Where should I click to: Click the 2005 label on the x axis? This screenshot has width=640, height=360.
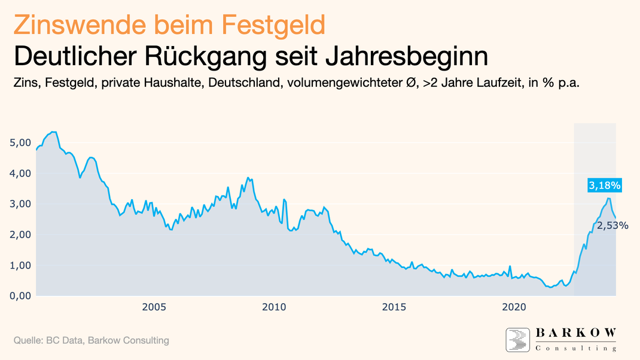[154, 307]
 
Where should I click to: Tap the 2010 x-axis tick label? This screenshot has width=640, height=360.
[274, 307]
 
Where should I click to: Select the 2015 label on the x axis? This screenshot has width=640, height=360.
[394, 307]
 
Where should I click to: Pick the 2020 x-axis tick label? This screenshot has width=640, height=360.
[514, 307]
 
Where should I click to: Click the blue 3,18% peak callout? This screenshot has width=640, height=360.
[605, 186]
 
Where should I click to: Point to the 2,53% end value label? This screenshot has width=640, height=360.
[612, 225]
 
